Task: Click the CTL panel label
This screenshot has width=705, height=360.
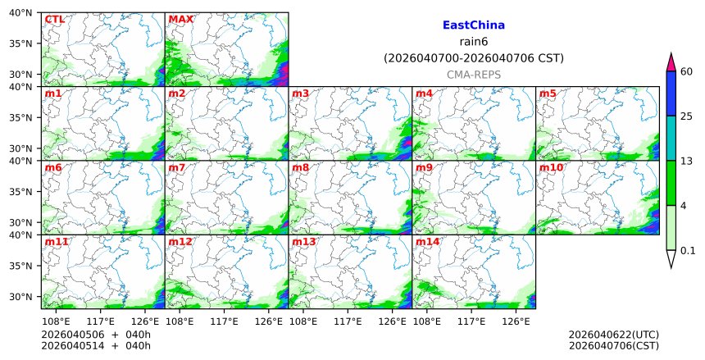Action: (x=54, y=20)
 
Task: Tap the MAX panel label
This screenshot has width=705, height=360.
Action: (x=180, y=20)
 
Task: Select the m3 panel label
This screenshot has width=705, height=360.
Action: (x=301, y=93)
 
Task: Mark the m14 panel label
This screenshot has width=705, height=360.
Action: (x=427, y=242)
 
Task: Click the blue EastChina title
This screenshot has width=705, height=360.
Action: (x=473, y=25)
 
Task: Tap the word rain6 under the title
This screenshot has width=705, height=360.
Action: (x=473, y=42)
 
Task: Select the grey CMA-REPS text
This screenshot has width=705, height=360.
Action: (x=473, y=75)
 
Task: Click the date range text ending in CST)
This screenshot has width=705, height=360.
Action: (x=473, y=58)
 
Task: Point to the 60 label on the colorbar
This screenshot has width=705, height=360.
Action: (x=687, y=71)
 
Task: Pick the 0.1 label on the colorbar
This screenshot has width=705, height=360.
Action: (x=688, y=251)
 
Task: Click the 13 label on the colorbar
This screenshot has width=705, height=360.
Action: (x=687, y=161)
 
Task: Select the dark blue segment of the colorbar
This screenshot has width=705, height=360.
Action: (x=671, y=93)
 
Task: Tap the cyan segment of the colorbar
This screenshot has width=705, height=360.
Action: (x=671, y=138)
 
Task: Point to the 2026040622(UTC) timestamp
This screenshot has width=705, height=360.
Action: (x=613, y=335)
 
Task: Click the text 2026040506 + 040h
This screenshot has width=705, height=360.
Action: (x=84, y=335)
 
